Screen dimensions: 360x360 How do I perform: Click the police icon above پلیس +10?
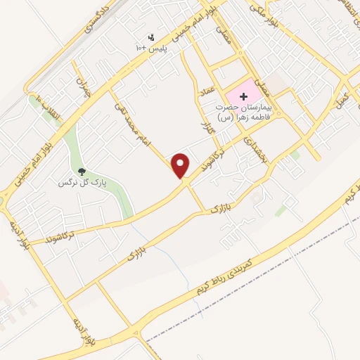[150, 37]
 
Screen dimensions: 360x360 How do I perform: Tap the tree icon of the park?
[82, 171]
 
